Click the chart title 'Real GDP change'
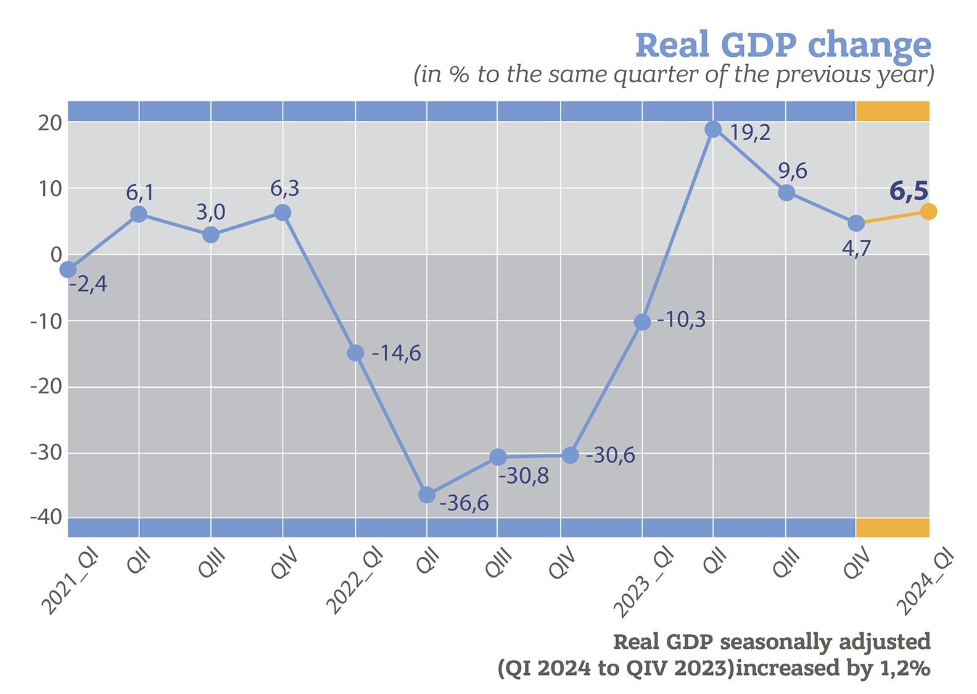783,45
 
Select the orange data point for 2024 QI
928,212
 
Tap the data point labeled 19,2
713,130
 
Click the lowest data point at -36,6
427,495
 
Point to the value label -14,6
396,354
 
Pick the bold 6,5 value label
909,191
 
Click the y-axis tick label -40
46,517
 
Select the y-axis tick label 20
50,123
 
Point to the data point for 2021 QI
68,270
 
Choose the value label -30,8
523,477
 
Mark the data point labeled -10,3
642,322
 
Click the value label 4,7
855,249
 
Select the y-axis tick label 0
56,254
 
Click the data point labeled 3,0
211,235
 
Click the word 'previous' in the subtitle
813,74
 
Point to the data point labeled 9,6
786,193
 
